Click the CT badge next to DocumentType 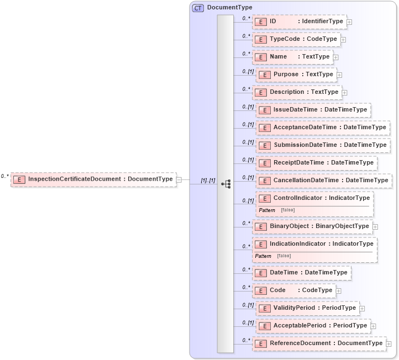(198, 8)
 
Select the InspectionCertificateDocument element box (94, 179)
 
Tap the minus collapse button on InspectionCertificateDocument (179, 179)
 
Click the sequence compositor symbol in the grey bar (225, 184)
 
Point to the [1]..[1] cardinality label (208, 181)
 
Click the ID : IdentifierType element (299, 22)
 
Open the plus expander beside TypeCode (343, 40)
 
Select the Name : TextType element (292, 57)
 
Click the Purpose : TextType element (296, 75)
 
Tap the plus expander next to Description (344, 92)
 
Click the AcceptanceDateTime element (323, 128)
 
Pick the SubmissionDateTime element (323, 145)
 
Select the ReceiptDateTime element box (317, 163)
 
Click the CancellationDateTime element (324, 181)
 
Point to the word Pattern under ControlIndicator (267, 210)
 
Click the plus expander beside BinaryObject (375, 226)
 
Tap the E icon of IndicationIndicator (261, 244)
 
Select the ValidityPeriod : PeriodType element (307, 308)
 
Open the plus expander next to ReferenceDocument (389, 343)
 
